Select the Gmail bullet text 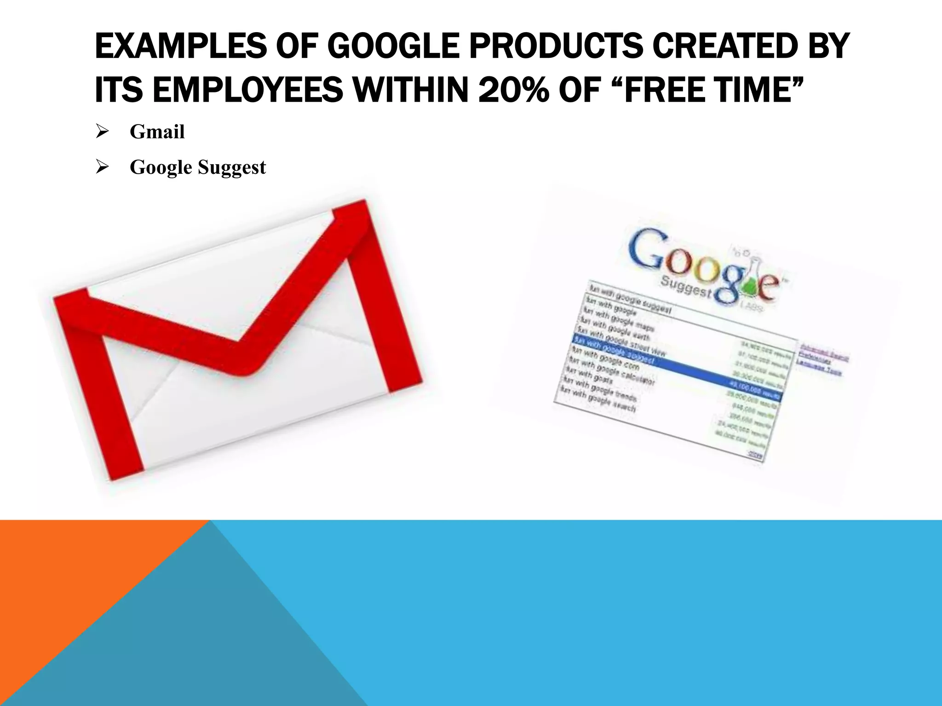(157, 132)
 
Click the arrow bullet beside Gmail (102, 132)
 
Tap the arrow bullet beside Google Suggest (102, 167)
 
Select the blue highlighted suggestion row (676, 366)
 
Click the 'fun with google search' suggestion (598, 399)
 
